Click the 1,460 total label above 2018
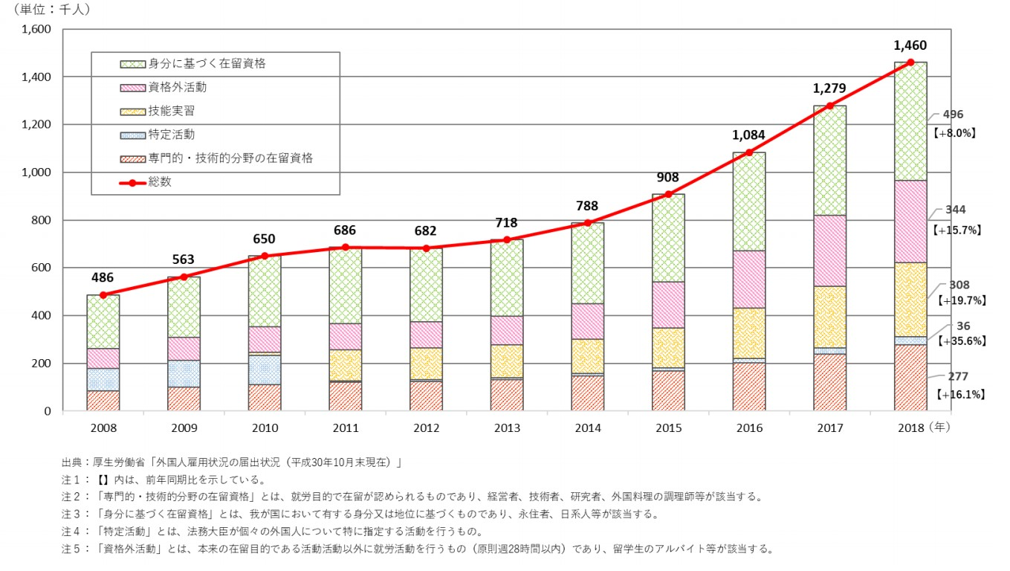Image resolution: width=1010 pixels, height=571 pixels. (x=910, y=45)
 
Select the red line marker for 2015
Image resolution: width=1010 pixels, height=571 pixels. (x=668, y=195)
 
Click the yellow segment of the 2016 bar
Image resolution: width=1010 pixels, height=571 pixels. (x=749, y=333)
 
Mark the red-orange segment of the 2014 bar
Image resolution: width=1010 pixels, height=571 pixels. (x=587, y=393)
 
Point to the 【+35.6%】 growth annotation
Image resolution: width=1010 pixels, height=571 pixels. (x=959, y=341)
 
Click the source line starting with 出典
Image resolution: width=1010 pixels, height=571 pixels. (x=231, y=462)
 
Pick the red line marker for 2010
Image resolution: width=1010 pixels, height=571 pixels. (x=264, y=256)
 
